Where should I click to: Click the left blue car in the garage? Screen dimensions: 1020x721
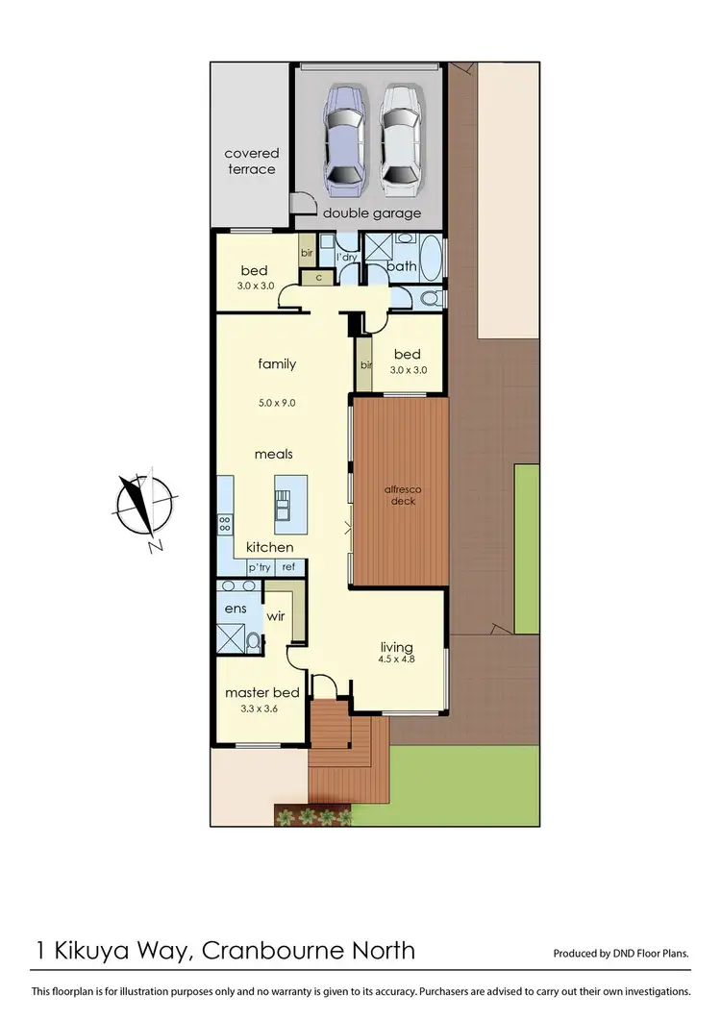(341, 137)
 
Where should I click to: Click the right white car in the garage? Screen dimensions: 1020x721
(399, 137)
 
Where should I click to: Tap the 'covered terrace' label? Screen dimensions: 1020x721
(251, 162)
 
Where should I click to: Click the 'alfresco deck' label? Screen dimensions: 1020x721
(403, 495)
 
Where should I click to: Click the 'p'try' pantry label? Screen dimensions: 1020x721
(260, 567)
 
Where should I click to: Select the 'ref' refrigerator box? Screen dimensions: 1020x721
(288, 567)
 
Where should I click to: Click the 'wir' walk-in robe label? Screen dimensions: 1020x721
(276, 615)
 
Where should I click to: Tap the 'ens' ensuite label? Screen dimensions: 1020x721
(236, 608)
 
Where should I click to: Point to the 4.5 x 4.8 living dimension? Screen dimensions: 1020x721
(396, 659)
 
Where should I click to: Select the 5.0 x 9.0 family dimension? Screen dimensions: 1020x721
(276, 403)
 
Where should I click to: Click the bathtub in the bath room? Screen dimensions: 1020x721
(432, 258)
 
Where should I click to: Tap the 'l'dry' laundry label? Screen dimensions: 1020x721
(346, 259)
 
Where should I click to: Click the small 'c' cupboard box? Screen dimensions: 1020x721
(316, 277)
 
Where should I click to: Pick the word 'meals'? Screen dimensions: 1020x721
(273, 454)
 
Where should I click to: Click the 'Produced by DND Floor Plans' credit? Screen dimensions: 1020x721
(621, 954)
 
